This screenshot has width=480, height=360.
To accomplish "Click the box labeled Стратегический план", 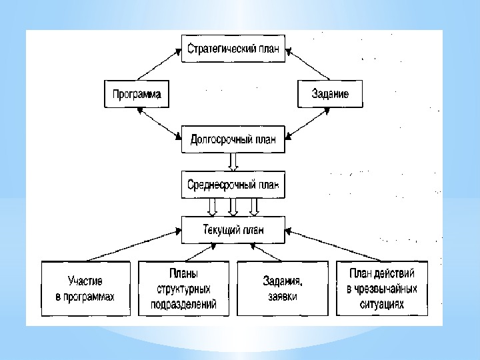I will (233, 49).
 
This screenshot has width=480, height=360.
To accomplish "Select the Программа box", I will (135, 94).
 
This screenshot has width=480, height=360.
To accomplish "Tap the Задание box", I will (331, 94).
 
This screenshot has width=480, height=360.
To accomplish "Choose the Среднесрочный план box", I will (233, 184).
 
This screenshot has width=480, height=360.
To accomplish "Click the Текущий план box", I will (233, 230).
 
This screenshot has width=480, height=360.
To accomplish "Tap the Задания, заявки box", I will (283, 288).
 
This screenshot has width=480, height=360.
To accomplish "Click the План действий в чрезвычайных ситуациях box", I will (382, 288).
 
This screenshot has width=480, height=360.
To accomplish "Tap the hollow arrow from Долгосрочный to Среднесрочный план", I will (233, 162).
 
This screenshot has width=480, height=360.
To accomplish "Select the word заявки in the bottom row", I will (283, 296).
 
